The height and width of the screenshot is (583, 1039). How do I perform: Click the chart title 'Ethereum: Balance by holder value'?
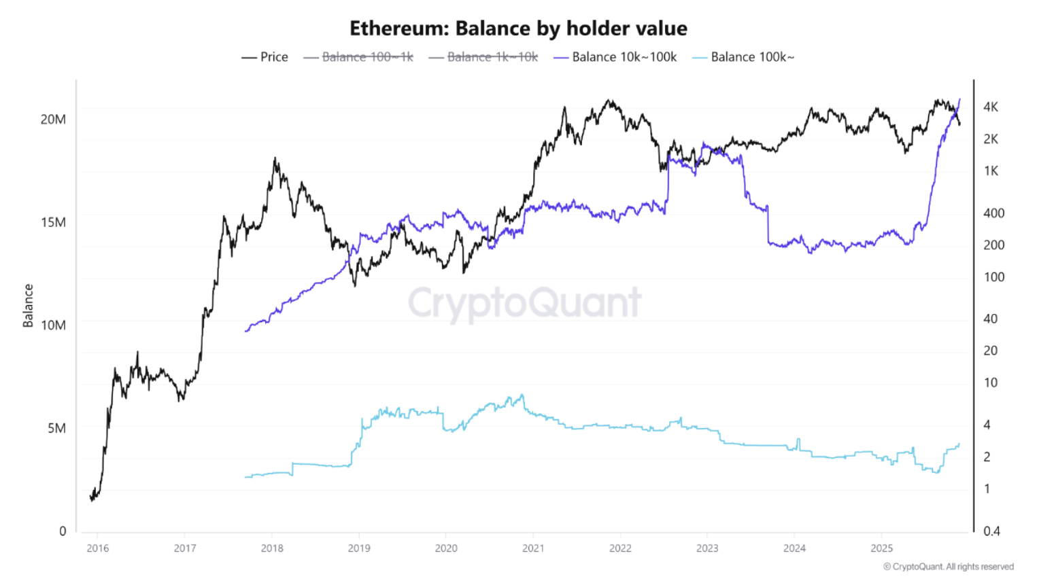coord(518,29)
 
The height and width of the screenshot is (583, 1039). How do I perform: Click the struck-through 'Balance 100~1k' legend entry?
coord(359,57)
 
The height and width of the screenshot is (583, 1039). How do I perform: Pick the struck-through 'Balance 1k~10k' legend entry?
coord(484,57)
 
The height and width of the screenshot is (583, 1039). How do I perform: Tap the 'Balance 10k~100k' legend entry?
coord(615,57)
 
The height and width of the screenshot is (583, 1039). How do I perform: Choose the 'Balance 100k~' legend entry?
coord(743,57)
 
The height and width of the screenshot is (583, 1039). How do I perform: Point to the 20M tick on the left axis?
coord(53,120)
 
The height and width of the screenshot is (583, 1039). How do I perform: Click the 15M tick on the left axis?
coord(53,222)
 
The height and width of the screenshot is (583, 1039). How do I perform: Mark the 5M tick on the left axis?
coord(56,428)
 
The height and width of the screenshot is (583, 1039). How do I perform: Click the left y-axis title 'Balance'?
coord(28,306)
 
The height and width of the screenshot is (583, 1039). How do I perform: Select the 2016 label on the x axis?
coord(97,548)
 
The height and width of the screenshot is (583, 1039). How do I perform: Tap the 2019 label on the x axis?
coord(359,548)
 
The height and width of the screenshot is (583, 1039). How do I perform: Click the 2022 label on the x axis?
coord(620,548)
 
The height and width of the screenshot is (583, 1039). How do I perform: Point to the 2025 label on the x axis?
coord(881,548)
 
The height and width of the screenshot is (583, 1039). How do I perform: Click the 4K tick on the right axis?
coord(991,107)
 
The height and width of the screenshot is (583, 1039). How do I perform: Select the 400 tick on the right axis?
coord(993,213)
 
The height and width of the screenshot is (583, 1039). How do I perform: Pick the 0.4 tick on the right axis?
coord(991,531)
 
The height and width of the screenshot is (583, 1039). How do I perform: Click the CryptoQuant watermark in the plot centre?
coord(524,303)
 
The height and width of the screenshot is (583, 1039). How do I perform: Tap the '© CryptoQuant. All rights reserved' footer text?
coord(948,567)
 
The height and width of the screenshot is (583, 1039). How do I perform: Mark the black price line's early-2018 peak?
coord(275,158)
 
